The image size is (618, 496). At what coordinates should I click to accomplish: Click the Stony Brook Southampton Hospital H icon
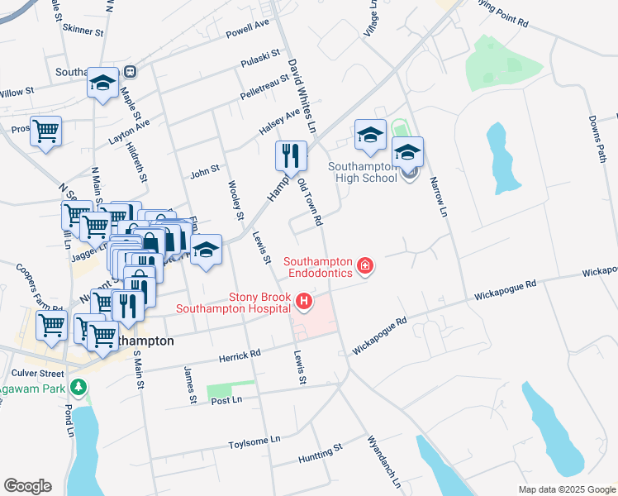(x=304, y=303)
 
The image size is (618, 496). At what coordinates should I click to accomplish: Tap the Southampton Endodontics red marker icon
(x=364, y=266)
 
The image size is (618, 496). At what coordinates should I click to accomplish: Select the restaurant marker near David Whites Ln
(x=291, y=155)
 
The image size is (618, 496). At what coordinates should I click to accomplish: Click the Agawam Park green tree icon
(x=78, y=386)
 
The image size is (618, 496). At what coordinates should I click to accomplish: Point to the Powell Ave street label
(x=248, y=30)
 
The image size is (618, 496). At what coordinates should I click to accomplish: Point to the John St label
(x=204, y=173)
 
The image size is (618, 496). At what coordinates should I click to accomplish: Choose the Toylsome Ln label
(x=254, y=443)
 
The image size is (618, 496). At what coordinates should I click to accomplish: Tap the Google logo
(x=27, y=486)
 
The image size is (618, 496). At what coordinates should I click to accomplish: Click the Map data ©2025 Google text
(x=566, y=489)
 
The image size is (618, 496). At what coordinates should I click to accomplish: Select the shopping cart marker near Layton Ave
(x=46, y=130)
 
